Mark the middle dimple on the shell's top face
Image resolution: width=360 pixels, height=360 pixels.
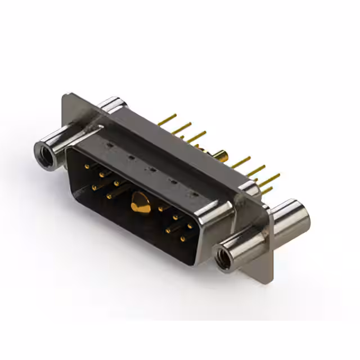coord(151,169)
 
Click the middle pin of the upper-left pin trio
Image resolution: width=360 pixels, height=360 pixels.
coord(102,174)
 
